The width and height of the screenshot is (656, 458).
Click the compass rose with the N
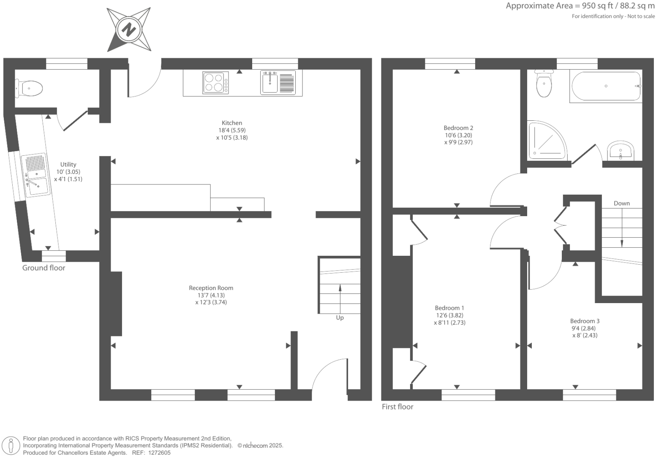pyautogui.click(x=129, y=30)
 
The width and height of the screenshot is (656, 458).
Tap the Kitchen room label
pyautogui.click(x=232, y=123)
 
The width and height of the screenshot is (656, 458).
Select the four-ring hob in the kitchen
pyautogui.click(x=214, y=83)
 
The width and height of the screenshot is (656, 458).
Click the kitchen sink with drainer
pyautogui.click(x=278, y=83)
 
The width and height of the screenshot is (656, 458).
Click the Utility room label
pyautogui.click(x=68, y=165)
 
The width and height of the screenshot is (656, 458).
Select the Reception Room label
pyautogui.click(x=211, y=288)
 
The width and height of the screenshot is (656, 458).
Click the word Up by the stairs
pyautogui.click(x=340, y=317)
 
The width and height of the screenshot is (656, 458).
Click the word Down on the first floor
pyautogui.click(x=621, y=203)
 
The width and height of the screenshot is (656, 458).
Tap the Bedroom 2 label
pyautogui.click(x=458, y=128)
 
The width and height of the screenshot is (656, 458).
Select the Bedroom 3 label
pyautogui.click(x=585, y=321)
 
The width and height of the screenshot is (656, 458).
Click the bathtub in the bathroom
pyautogui.click(x=606, y=86)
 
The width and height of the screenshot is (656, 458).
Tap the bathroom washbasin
pyautogui.click(x=620, y=151)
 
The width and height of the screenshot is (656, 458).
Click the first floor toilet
pyautogui.click(x=544, y=84)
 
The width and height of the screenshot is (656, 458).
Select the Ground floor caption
pyautogui.click(x=44, y=268)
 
